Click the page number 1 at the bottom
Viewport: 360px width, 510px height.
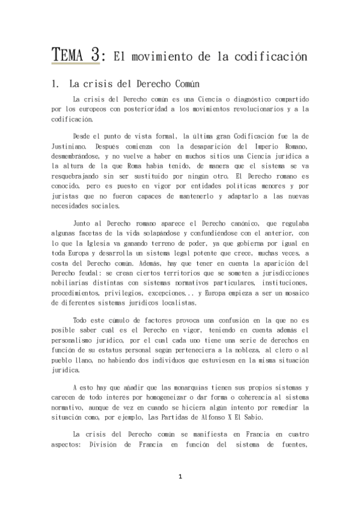180,477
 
